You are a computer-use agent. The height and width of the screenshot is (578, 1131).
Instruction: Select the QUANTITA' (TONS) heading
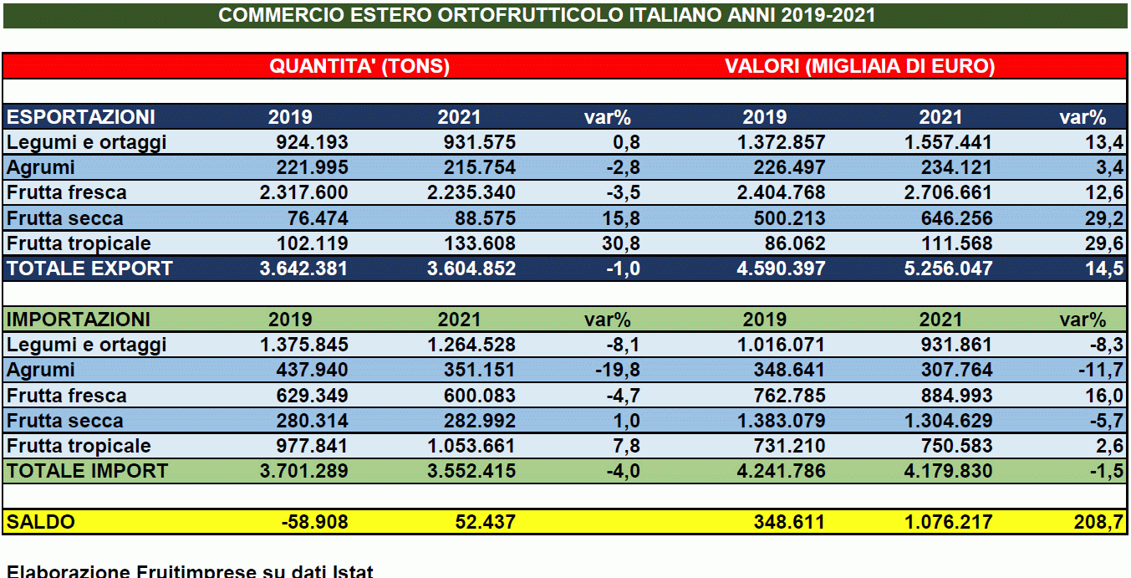tap(359, 67)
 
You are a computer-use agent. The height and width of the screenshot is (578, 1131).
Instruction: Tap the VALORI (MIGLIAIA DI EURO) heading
tap(859, 67)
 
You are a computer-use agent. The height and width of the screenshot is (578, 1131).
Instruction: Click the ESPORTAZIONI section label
tap(81, 117)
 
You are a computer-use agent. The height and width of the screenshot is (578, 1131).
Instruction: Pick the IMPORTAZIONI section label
tap(79, 320)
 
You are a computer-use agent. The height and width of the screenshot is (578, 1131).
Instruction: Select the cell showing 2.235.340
tap(471, 193)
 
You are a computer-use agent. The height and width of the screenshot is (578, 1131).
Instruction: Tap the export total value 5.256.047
tap(947, 269)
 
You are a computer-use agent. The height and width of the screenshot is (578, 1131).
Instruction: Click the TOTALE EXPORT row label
tap(89, 269)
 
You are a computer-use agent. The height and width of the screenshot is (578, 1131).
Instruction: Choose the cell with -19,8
tap(619, 371)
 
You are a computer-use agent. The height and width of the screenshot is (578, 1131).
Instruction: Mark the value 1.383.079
tap(780, 422)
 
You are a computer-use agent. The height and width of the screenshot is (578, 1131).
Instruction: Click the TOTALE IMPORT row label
tap(87, 472)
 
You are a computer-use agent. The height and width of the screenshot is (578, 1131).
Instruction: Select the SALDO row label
tap(41, 523)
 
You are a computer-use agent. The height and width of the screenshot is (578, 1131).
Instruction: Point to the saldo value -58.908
tap(315, 523)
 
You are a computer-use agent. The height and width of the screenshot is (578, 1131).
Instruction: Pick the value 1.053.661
tap(471, 447)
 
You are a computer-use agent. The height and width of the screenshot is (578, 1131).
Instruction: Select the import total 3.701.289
tap(303, 472)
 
